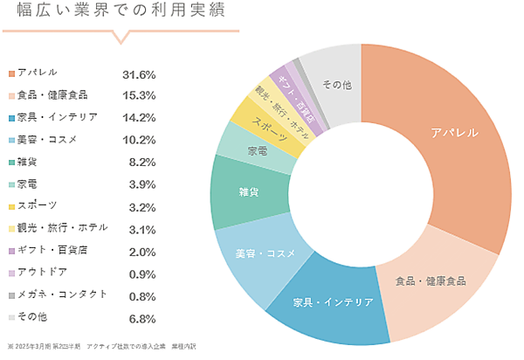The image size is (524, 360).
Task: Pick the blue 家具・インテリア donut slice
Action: [333, 302]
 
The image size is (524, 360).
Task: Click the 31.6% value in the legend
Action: [141, 73]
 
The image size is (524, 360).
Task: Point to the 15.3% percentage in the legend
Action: [141, 95]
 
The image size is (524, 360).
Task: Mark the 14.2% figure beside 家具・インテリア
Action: [141, 117]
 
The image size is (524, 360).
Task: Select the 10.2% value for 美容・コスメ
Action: [141, 139]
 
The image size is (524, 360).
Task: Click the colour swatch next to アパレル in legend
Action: [11, 73]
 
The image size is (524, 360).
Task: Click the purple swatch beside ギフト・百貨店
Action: [11, 250]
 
